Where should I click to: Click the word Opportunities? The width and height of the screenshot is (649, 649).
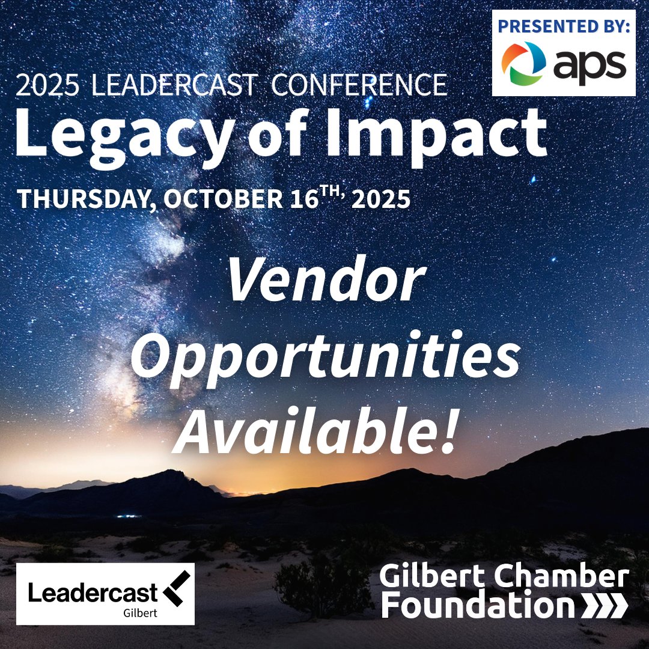[325, 358]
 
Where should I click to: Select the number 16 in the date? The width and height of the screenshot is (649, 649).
[303, 199]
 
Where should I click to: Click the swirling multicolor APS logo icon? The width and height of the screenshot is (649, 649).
[524, 62]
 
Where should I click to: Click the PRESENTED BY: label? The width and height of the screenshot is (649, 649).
[564, 27]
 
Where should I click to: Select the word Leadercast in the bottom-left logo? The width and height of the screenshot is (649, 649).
[93, 593]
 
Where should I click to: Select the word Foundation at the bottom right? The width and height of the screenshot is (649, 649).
[478, 606]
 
